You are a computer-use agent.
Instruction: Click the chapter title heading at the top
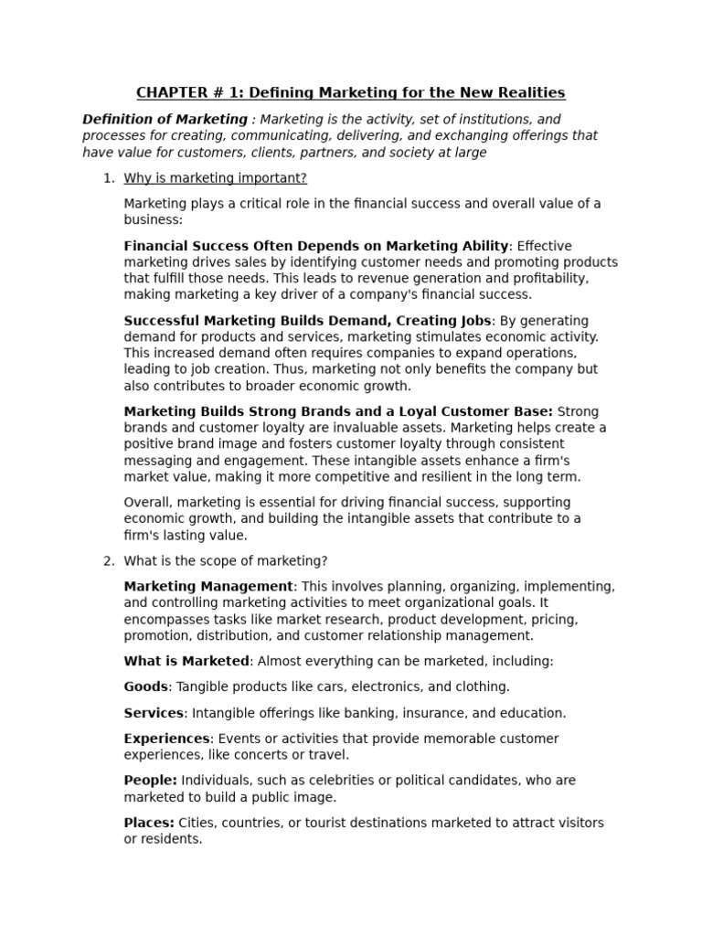point(351,92)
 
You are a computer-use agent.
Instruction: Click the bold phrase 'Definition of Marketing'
point(165,119)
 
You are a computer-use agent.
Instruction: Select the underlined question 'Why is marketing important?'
point(216,177)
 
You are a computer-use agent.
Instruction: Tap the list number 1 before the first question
point(108,177)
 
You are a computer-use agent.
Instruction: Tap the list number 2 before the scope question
point(108,560)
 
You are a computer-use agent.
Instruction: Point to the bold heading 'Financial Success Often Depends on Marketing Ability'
point(316,245)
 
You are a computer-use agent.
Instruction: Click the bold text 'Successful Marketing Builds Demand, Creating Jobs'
point(308,320)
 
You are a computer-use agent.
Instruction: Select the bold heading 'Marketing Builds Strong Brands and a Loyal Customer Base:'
point(338,411)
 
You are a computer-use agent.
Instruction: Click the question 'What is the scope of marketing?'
point(226,560)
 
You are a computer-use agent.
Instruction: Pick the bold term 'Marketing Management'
point(208,586)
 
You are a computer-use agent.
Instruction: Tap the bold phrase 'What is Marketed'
point(186,661)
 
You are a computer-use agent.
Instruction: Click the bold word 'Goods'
point(146,686)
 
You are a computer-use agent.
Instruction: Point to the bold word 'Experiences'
point(167,739)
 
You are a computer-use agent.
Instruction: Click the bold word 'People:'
point(151,781)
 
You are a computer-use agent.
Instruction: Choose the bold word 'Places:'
point(149,823)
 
